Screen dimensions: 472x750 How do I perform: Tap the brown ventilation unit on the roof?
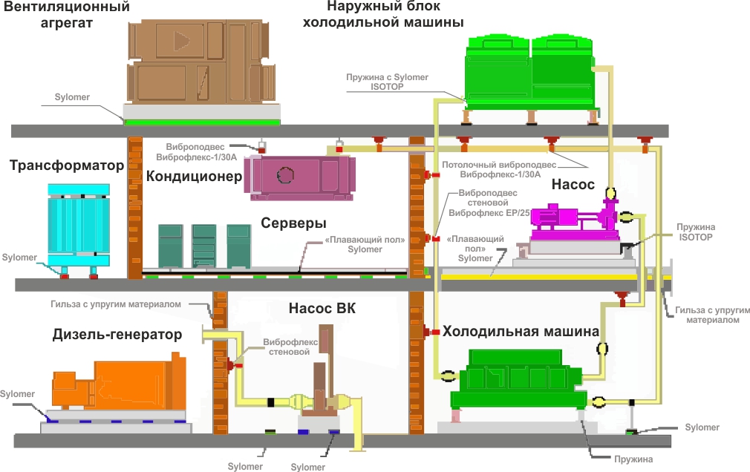tap(200, 63)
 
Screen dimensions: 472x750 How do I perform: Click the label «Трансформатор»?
tap(67, 165)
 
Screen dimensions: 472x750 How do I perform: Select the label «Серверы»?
tap(294, 223)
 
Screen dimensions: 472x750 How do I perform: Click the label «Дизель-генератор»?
tap(117, 335)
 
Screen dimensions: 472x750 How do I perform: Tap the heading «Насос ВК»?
tap(322, 308)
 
